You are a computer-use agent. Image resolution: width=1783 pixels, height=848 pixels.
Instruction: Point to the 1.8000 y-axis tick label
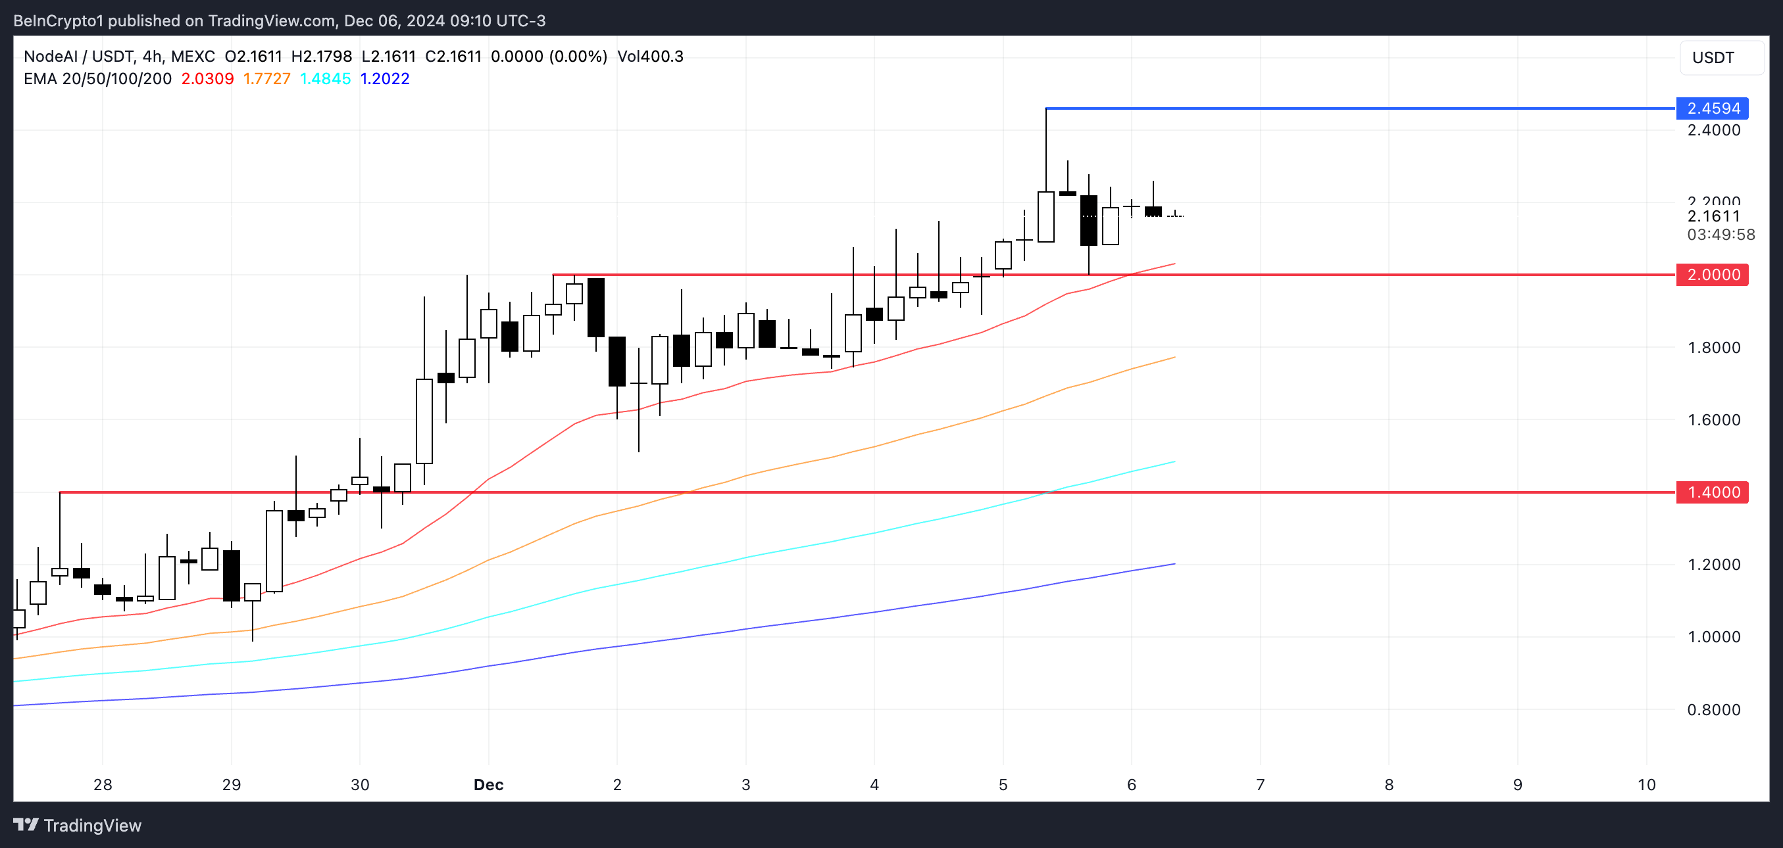point(1713,347)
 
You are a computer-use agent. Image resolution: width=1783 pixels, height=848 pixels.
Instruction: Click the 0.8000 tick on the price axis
point(1713,709)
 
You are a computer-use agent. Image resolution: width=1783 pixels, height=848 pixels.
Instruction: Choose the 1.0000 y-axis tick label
point(1713,636)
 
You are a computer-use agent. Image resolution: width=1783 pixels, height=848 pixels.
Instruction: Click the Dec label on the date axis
point(488,784)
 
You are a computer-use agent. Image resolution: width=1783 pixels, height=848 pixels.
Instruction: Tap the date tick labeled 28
point(103,784)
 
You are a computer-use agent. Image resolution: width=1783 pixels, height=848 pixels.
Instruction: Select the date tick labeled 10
point(1646,784)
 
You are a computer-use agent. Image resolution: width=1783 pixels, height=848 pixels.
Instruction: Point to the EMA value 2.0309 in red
point(207,79)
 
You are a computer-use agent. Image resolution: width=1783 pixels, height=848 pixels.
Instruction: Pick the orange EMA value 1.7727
point(266,79)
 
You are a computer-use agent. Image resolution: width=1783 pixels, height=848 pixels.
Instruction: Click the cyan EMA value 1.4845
point(325,79)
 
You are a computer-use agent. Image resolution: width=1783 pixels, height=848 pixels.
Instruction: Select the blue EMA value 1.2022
point(385,79)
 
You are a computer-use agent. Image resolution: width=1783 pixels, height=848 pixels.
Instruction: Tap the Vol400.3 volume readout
point(650,56)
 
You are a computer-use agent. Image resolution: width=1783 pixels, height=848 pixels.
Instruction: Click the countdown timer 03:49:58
point(1720,235)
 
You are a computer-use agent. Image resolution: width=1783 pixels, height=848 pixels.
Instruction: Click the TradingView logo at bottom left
point(78,825)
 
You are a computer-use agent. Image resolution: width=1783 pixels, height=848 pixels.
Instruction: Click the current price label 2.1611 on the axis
point(1713,216)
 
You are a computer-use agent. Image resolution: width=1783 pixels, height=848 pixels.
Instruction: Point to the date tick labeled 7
point(1260,784)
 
